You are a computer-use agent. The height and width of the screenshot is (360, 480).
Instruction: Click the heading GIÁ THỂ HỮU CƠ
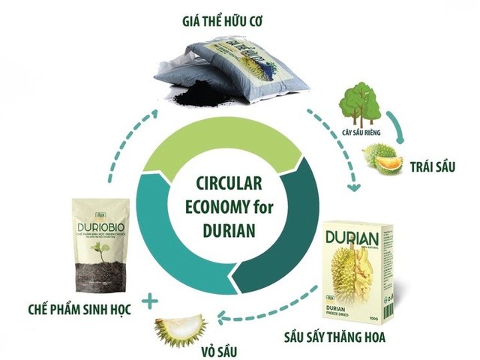coord(233,17)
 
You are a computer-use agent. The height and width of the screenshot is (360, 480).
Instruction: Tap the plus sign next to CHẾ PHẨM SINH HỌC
coord(153,301)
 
